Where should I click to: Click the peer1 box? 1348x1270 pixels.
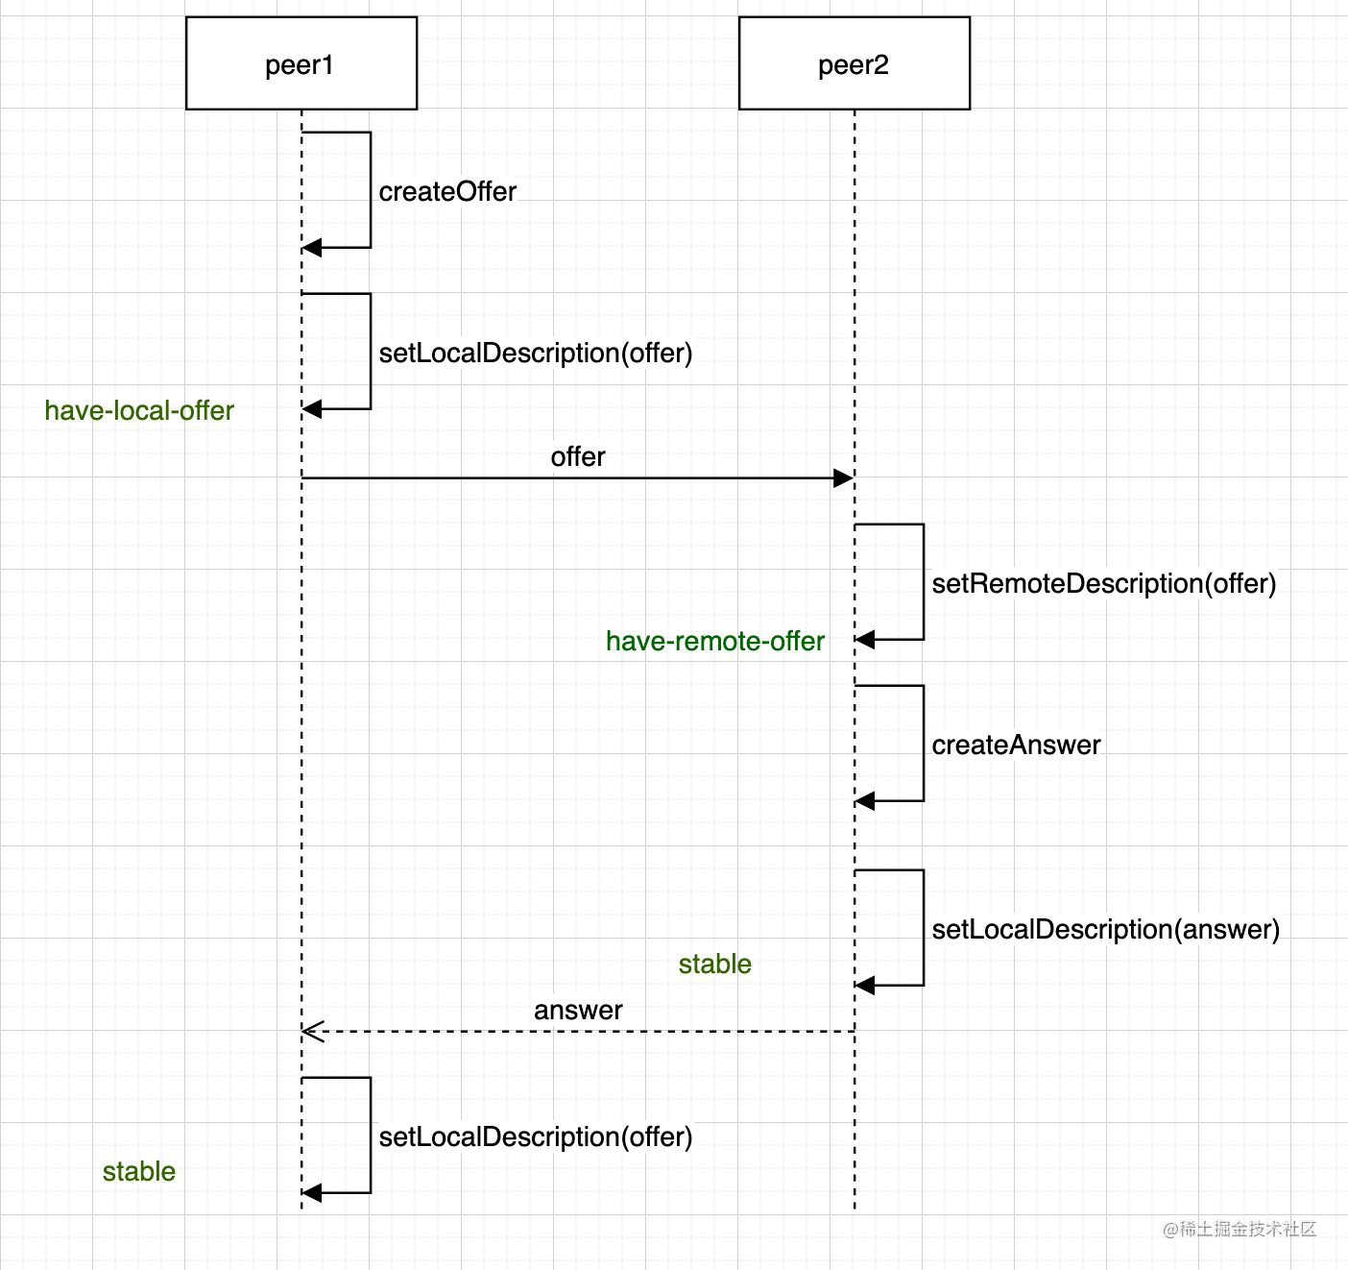point(301,63)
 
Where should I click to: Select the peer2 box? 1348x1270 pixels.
point(854,63)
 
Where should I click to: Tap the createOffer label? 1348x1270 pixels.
point(447,192)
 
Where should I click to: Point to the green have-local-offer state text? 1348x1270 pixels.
point(139,411)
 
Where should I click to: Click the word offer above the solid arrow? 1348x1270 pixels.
point(578,457)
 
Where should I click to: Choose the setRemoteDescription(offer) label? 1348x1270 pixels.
point(1104,584)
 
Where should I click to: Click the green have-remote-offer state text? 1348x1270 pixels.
point(715,642)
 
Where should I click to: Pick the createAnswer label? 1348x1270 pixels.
point(1016,745)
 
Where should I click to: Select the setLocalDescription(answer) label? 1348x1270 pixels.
point(1106,930)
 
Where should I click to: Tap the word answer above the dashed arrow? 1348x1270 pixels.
point(578,1011)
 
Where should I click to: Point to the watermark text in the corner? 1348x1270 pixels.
point(1240,1229)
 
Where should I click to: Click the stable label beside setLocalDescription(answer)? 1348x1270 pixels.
point(715,965)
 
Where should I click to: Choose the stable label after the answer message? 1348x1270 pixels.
point(139,1172)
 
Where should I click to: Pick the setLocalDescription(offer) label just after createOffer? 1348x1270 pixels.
point(536,354)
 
